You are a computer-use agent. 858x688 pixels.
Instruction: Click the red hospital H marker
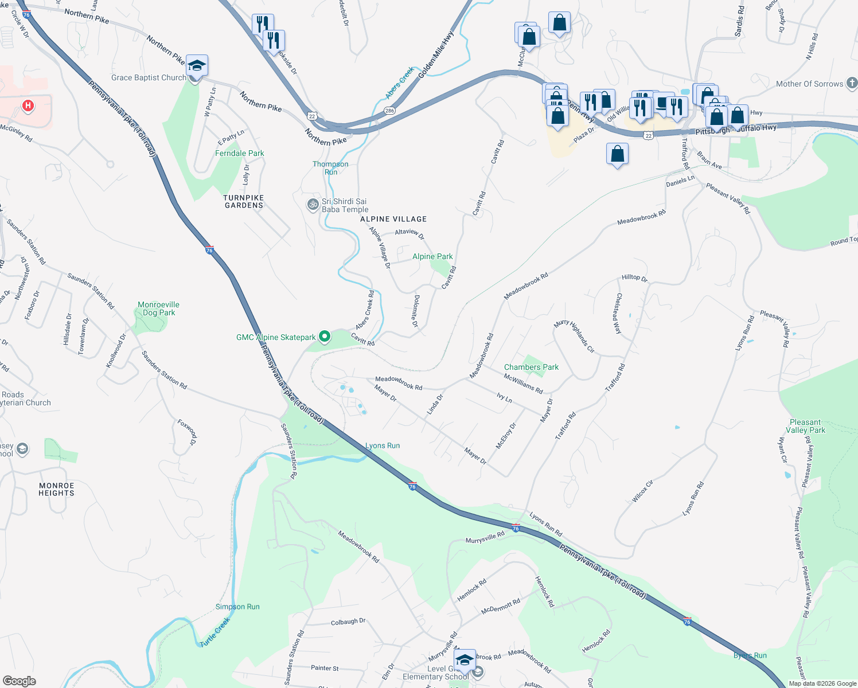[28, 106]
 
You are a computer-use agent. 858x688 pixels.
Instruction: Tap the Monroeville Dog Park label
[159, 309]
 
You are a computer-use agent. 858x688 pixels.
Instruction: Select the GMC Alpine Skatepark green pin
[325, 337]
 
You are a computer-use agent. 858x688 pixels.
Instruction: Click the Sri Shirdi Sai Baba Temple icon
[313, 204]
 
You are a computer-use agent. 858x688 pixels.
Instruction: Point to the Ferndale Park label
[240, 154]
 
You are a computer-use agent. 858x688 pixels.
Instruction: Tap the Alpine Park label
[432, 257]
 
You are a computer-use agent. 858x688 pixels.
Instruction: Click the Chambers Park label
[531, 368]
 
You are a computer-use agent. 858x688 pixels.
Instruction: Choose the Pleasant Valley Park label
[805, 426]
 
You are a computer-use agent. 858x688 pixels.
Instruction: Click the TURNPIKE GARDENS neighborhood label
[244, 201]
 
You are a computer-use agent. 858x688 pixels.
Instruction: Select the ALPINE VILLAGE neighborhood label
[393, 219]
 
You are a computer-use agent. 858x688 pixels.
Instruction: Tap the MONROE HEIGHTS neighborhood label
[56, 489]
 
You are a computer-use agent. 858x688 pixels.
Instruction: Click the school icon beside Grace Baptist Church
[197, 67]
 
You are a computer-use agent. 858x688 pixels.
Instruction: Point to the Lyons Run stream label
[383, 445]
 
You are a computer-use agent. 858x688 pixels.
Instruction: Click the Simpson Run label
[237, 607]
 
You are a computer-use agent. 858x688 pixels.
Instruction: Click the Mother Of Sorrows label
[809, 84]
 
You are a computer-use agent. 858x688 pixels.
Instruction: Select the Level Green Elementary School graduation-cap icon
[465, 659]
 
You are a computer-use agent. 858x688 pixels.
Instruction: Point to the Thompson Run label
[330, 168]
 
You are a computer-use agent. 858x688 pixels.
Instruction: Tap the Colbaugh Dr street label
[348, 622]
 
